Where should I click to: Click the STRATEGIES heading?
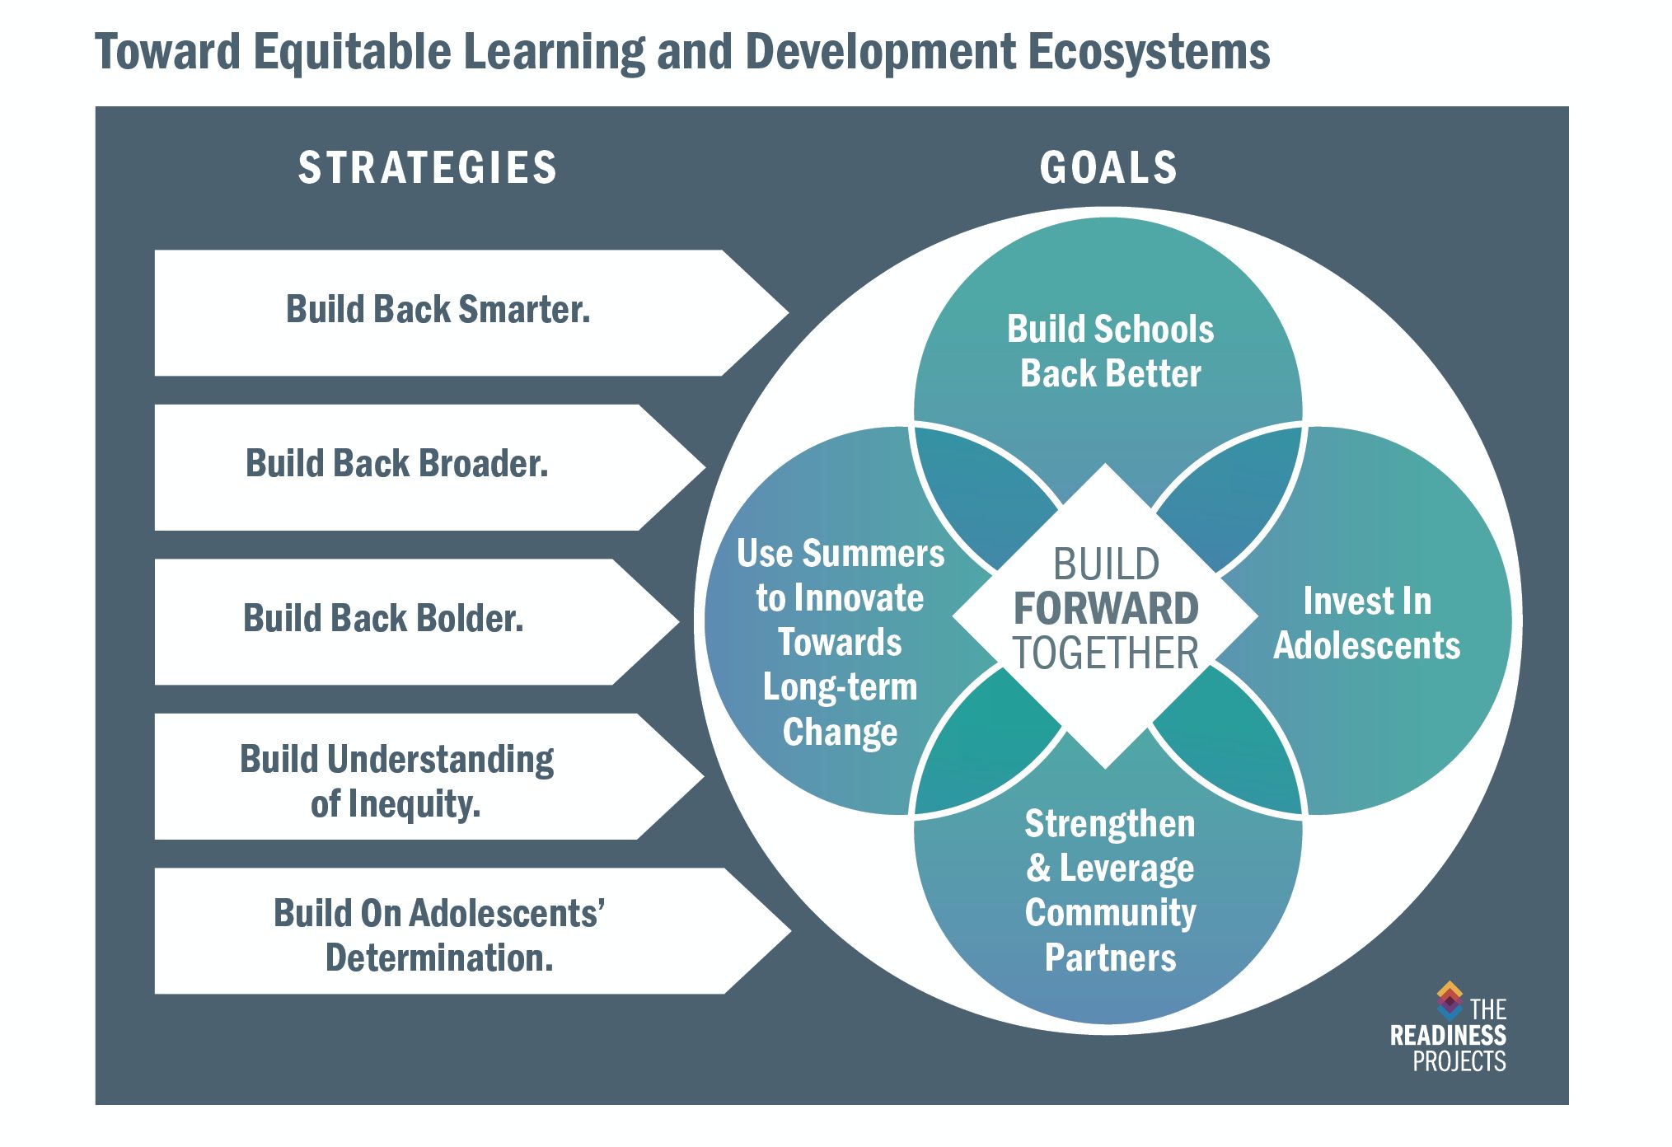(x=427, y=168)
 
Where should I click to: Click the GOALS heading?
(x=1108, y=168)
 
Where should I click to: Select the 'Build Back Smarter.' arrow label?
(x=438, y=310)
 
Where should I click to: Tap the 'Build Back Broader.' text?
(x=396, y=464)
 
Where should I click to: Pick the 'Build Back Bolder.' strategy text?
(x=383, y=619)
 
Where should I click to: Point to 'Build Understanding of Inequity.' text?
(x=396, y=781)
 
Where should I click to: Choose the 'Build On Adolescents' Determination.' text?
(x=439, y=936)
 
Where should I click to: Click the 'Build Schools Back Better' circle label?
(x=1110, y=351)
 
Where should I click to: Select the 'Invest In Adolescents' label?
(x=1367, y=624)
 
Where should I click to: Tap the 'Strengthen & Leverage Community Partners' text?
(x=1110, y=891)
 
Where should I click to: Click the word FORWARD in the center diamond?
(x=1106, y=609)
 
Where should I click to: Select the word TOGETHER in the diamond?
(x=1106, y=653)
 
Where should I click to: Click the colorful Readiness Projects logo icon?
(x=1450, y=1000)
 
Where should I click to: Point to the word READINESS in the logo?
(x=1448, y=1036)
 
